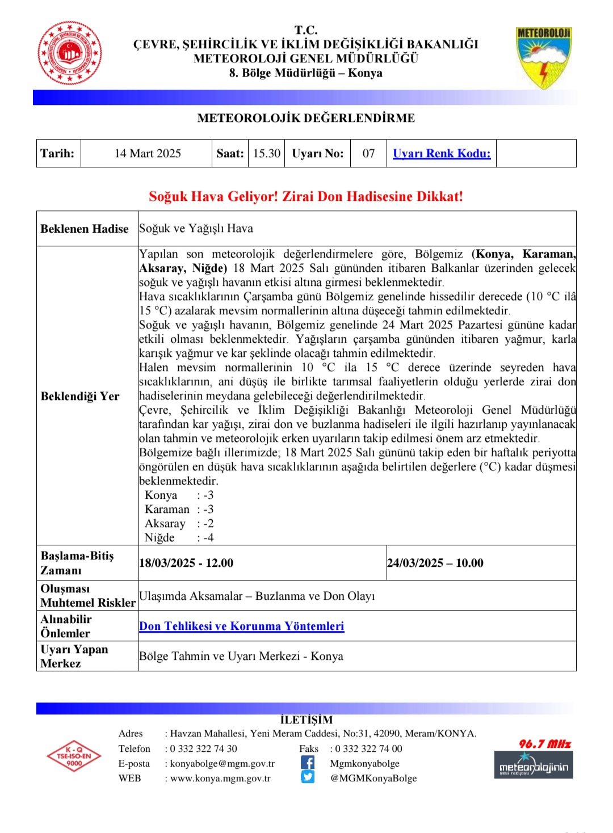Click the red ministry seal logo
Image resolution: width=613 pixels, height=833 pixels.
(x=70, y=54)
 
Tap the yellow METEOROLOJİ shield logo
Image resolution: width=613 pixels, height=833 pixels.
(x=543, y=57)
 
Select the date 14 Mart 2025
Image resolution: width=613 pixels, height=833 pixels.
(x=148, y=153)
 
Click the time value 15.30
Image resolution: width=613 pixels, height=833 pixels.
(x=267, y=153)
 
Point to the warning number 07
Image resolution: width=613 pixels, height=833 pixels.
(x=369, y=153)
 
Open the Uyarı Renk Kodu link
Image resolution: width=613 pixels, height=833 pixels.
(x=442, y=153)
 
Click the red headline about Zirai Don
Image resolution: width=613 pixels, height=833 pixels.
(x=306, y=196)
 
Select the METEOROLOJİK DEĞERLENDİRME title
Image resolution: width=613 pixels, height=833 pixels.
(x=306, y=118)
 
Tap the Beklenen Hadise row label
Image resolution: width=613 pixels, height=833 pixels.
(x=85, y=229)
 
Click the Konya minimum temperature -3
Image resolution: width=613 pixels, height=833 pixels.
(x=208, y=495)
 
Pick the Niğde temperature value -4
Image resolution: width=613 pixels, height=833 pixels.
(x=208, y=537)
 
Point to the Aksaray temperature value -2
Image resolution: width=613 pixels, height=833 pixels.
(x=208, y=523)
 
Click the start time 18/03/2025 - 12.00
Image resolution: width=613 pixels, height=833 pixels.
(x=186, y=563)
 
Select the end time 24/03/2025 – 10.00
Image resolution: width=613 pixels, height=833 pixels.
(x=435, y=563)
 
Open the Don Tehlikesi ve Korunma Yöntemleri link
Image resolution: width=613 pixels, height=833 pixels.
(x=242, y=626)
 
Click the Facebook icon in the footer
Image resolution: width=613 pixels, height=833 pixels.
(x=308, y=763)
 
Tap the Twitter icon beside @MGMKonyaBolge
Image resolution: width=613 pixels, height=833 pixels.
(x=308, y=777)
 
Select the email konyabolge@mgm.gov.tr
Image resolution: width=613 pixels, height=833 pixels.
(x=222, y=764)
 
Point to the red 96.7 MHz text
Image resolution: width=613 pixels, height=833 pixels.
(x=544, y=743)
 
